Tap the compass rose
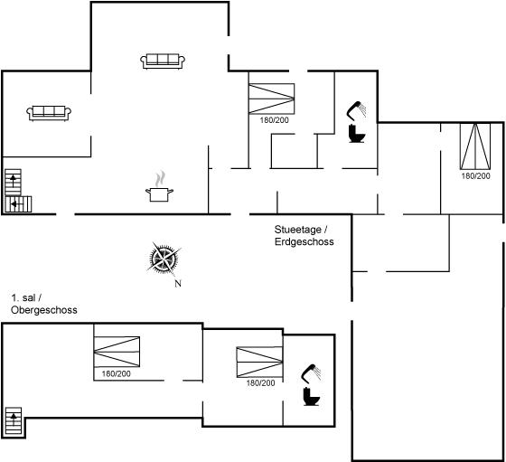(164, 259)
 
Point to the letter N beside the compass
(178, 284)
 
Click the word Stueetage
(298, 230)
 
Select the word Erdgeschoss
(304, 241)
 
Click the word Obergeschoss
(44, 310)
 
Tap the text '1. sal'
(24, 297)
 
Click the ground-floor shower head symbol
(356, 110)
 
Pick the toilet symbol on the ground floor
(357, 134)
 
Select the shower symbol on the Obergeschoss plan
(311, 373)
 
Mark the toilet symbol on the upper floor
(312, 397)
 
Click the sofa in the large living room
(163, 61)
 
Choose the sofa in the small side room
(49, 113)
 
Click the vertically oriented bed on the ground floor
(475, 146)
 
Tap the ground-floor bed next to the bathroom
(272, 99)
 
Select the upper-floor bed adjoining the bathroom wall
(260, 362)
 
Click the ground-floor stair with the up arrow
(14, 182)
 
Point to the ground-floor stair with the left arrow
(18, 204)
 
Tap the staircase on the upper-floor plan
(14, 420)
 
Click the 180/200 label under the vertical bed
(475, 176)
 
